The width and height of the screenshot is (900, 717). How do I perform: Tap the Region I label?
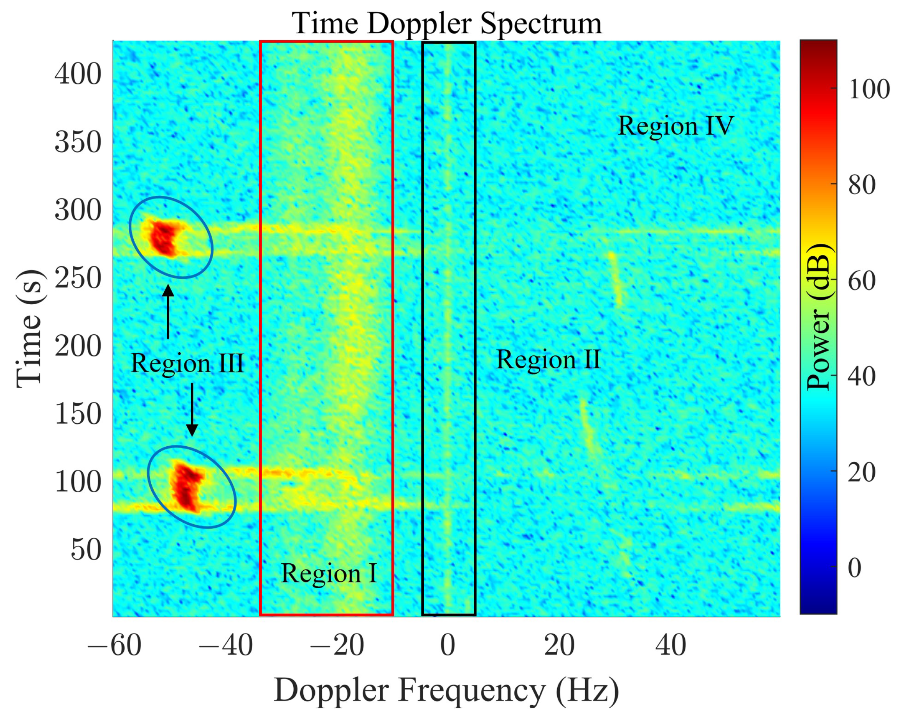click(329, 573)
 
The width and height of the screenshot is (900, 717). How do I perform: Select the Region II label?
click(548, 359)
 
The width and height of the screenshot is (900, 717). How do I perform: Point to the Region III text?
click(187, 363)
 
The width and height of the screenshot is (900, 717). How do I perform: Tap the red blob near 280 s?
click(164, 238)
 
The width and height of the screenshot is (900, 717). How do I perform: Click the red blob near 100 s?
click(188, 486)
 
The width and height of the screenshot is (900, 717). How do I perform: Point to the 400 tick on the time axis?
click(78, 75)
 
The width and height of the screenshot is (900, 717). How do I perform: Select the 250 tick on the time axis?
click(78, 278)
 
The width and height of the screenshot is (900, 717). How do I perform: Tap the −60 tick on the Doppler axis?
click(114, 646)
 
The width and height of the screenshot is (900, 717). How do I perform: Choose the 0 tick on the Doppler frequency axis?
click(448, 646)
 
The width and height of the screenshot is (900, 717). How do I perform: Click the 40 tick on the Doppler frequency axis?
click(670, 646)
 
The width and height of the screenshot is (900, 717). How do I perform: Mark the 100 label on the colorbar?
click(869, 89)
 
